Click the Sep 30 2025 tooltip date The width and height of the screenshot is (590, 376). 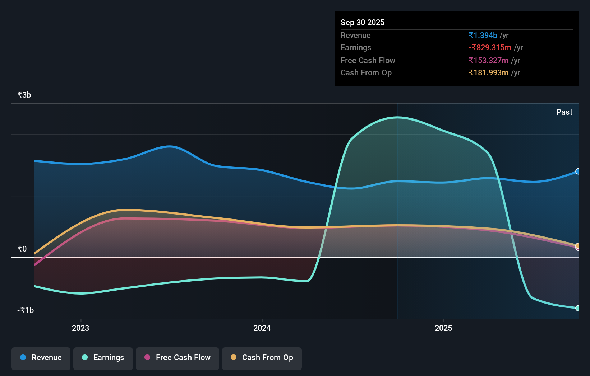tap(362, 22)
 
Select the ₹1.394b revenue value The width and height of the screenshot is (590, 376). tap(483, 35)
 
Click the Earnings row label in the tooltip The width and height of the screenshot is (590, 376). tap(356, 47)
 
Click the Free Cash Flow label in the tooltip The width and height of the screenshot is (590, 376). tap(368, 60)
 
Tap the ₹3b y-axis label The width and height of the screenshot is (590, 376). tap(24, 95)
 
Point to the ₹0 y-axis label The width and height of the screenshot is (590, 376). tap(22, 249)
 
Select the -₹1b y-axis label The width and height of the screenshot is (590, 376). tap(26, 310)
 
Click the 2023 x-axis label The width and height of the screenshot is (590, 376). tap(80, 328)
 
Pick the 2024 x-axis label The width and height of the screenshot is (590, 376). tap(262, 328)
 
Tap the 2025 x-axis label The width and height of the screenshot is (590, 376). tap(443, 328)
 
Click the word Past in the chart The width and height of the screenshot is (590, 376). tap(564, 112)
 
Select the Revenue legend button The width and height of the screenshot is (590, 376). tap(41, 358)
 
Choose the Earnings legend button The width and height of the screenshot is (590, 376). tap(103, 358)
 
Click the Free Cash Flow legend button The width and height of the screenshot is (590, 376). tap(178, 358)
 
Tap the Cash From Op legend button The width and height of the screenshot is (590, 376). tap(262, 358)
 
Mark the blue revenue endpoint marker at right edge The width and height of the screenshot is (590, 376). tap(577, 171)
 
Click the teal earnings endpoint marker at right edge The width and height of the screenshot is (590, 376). tap(577, 308)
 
